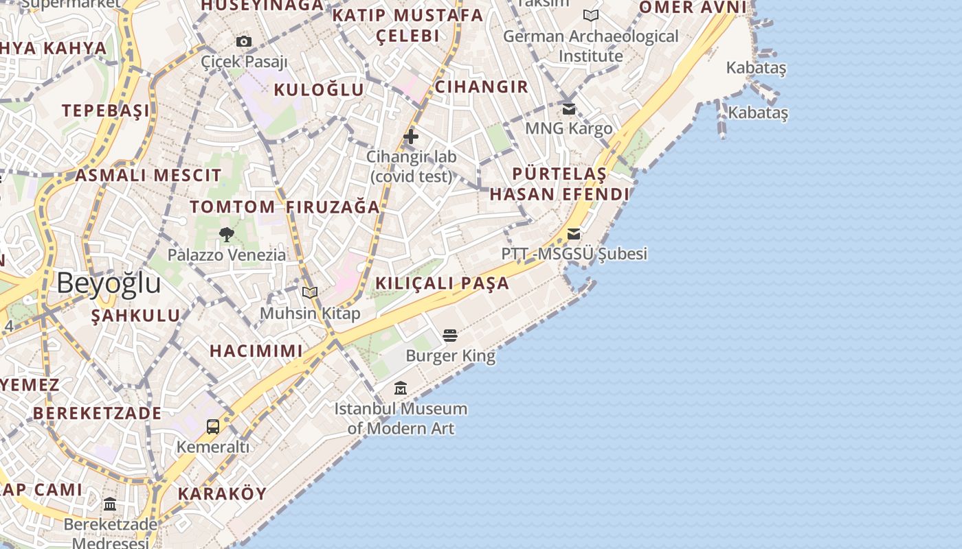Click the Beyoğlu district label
click(109, 283)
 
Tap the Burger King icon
click(450, 336)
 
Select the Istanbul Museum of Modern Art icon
click(401, 388)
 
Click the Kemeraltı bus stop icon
click(213, 426)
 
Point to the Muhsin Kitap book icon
click(310, 293)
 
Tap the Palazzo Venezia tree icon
click(226, 235)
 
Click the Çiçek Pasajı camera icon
click(243, 42)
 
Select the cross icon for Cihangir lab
click(411, 137)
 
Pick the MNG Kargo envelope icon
click(569, 108)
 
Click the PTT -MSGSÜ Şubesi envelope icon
click(574, 234)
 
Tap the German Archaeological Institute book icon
click(590, 15)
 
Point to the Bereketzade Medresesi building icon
click(110, 504)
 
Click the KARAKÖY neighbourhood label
click(222, 493)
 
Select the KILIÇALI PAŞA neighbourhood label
click(442, 283)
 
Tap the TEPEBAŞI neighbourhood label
click(105, 110)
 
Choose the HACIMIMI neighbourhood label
click(256, 351)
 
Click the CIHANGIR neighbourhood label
click(481, 86)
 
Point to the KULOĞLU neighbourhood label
click(319, 89)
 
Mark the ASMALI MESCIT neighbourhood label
click(148, 175)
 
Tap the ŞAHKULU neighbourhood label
click(135, 316)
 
